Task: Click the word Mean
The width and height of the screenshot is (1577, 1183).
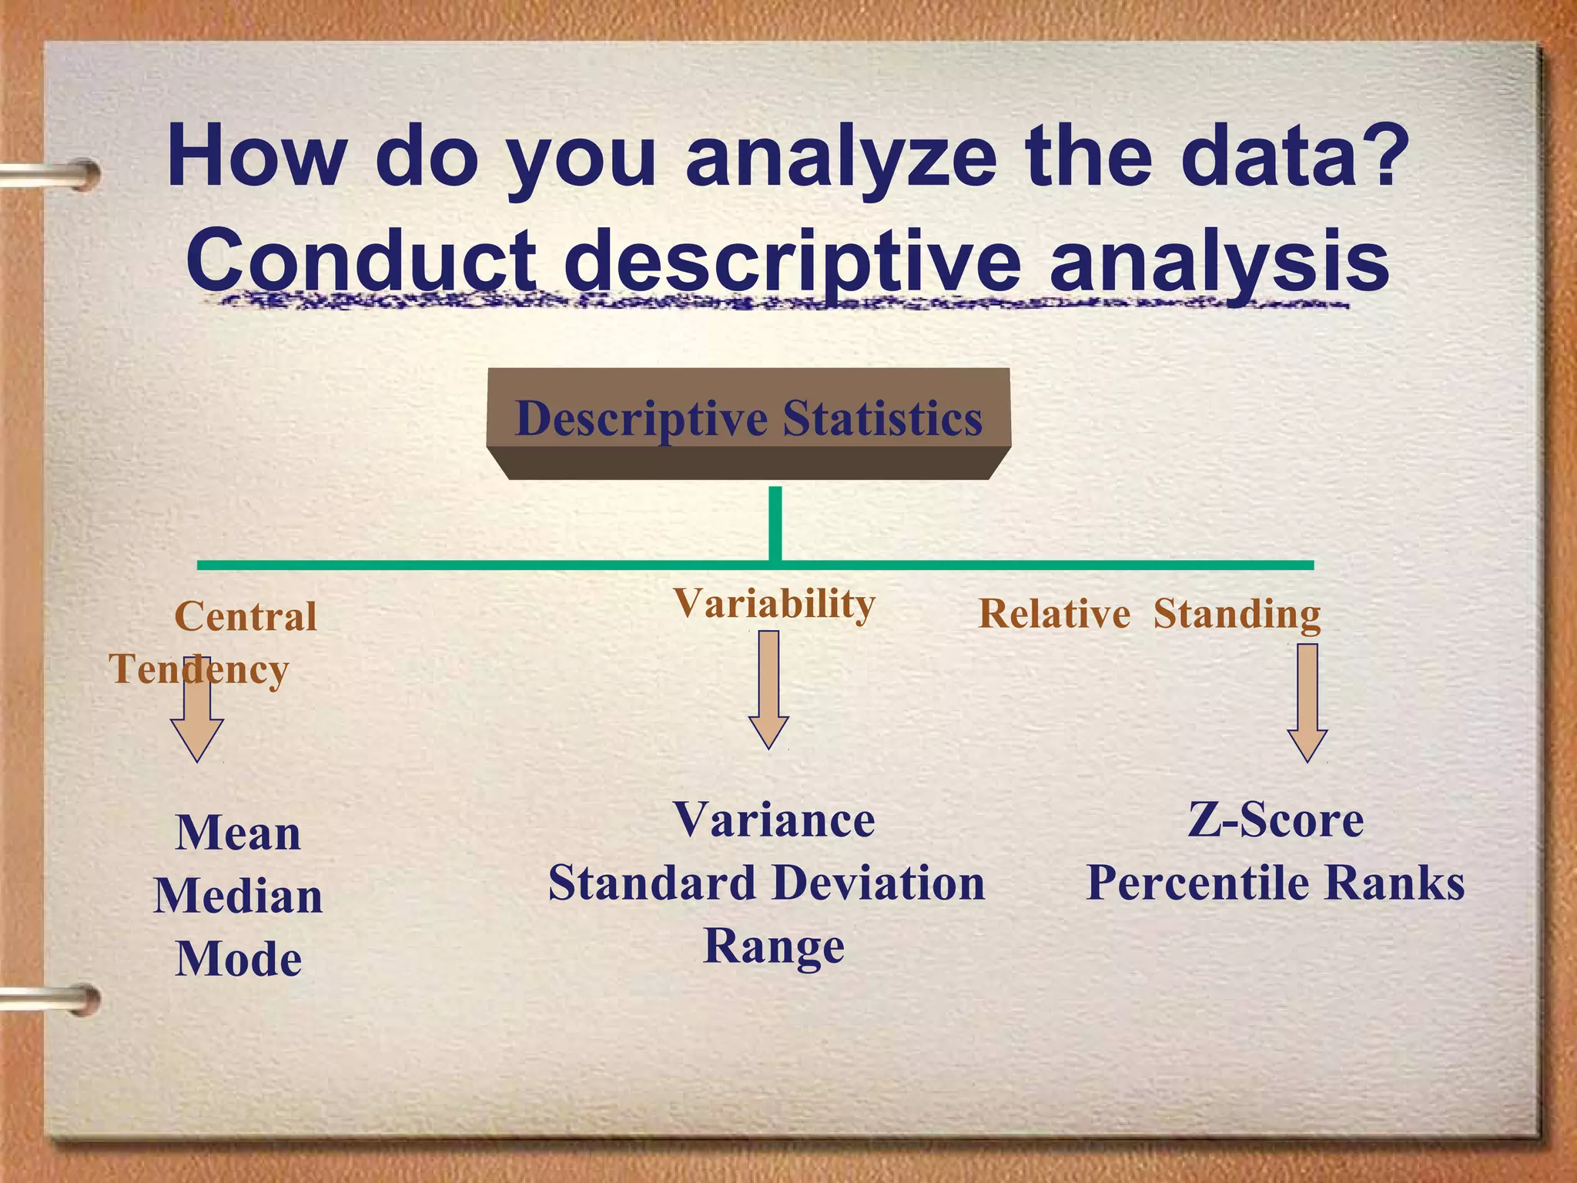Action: (238, 833)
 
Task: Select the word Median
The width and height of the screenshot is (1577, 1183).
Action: (238, 896)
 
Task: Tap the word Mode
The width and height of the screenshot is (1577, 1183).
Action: (238, 960)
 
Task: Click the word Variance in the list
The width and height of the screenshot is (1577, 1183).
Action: (774, 819)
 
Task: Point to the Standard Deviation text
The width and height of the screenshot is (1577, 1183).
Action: (766, 883)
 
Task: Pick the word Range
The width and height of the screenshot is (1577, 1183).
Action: (774, 947)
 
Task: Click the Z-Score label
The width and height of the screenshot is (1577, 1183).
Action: (1275, 819)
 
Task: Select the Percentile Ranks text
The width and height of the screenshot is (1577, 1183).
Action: (1275, 883)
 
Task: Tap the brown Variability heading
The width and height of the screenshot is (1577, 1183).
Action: (774, 603)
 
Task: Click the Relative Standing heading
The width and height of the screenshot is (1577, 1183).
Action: (1149, 615)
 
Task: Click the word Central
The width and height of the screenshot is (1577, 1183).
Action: (246, 616)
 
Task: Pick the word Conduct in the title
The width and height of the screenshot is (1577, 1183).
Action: (360, 260)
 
